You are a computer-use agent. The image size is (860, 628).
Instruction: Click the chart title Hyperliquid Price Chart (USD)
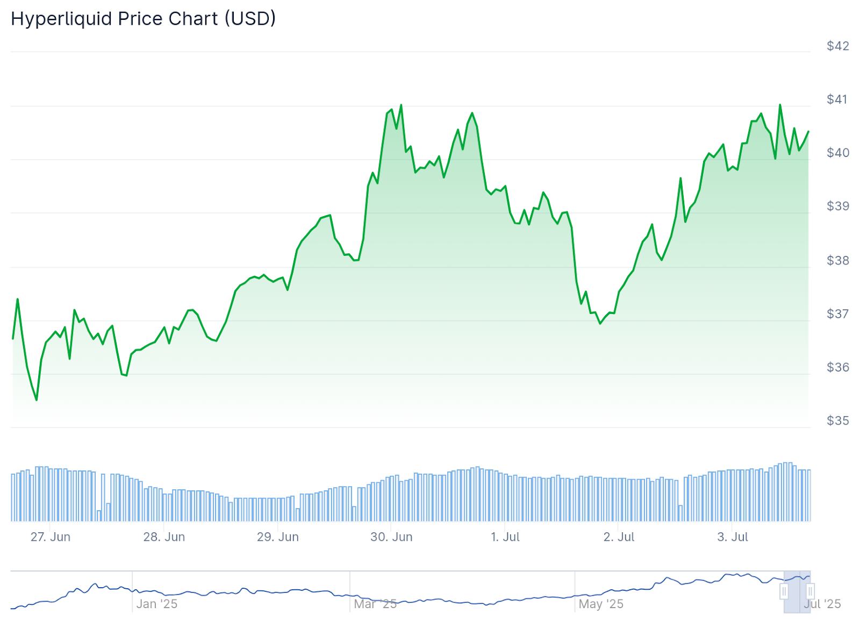pos(143,19)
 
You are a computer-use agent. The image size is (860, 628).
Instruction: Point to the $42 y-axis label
pos(837,46)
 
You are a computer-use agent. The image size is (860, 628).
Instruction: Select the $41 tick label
pos(837,99)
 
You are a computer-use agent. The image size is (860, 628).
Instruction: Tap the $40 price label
pos(837,153)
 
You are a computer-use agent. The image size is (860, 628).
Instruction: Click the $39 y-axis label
pos(837,206)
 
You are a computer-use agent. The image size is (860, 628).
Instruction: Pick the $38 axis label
pos(837,260)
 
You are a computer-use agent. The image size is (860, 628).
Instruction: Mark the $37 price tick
pos(837,313)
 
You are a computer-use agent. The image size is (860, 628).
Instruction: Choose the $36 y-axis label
pos(837,367)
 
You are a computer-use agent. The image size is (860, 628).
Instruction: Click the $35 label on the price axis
pos(837,420)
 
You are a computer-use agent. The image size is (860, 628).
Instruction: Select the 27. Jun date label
pos(51,537)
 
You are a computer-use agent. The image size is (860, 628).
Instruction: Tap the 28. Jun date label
pos(164,537)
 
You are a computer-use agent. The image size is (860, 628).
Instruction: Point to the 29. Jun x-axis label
pos(277,537)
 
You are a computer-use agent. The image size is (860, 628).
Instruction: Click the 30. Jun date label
pos(391,537)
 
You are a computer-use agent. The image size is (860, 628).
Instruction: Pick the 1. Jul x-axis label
pos(505,537)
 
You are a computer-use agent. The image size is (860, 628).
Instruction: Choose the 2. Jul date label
pos(619,537)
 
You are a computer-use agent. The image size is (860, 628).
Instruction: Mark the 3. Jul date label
pos(733,537)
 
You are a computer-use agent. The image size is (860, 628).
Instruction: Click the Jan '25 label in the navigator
pos(156,604)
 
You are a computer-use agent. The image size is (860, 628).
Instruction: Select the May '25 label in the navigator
pos(601,604)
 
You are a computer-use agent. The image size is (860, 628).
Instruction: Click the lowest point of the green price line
pos(37,400)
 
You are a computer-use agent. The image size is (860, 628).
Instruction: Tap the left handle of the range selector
pos(784,592)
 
